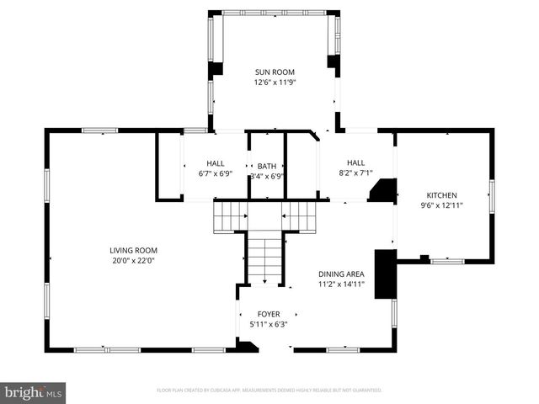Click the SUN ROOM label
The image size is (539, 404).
point(275,72)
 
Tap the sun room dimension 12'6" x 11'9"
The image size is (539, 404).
point(275,82)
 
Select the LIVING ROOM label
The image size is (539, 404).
point(133,250)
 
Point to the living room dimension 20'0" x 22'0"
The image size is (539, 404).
point(133,261)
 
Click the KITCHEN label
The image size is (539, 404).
point(441,194)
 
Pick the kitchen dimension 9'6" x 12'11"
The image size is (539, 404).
point(441,205)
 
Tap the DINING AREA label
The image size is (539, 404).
point(341,274)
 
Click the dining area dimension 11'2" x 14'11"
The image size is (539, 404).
point(341,284)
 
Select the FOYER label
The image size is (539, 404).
point(269,314)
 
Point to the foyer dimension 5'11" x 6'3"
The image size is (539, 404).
point(269,324)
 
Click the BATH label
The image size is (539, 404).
point(267,166)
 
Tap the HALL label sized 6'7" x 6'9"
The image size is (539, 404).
point(215,162)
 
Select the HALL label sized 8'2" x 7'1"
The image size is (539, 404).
point(355,162)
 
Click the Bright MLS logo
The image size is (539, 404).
point(34,392)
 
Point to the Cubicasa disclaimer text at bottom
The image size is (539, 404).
point(269,391)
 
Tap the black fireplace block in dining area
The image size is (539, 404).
point(385,273)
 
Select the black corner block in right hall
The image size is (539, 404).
point(384,191)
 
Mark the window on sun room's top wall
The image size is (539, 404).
point(273,13)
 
